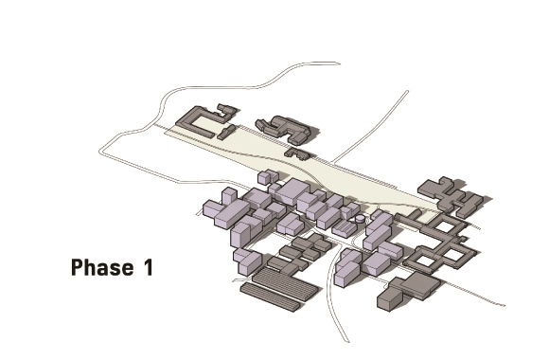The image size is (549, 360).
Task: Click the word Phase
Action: tap(102, 267)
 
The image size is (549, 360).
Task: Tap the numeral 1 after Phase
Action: tap(149, 267)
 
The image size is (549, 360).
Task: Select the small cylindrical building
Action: tap(360, 219)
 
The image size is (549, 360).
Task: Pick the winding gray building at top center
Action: tap(284, 130)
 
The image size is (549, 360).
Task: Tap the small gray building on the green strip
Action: tap(298, 153)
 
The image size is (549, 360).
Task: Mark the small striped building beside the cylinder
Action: tap(345, 228)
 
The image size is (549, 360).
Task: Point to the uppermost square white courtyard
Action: tap(444, 225)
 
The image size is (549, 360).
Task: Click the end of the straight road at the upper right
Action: tap(407, 92)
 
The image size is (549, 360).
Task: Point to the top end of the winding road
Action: tap(338, 63)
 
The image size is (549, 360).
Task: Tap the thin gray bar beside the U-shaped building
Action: tap(226, 132)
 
